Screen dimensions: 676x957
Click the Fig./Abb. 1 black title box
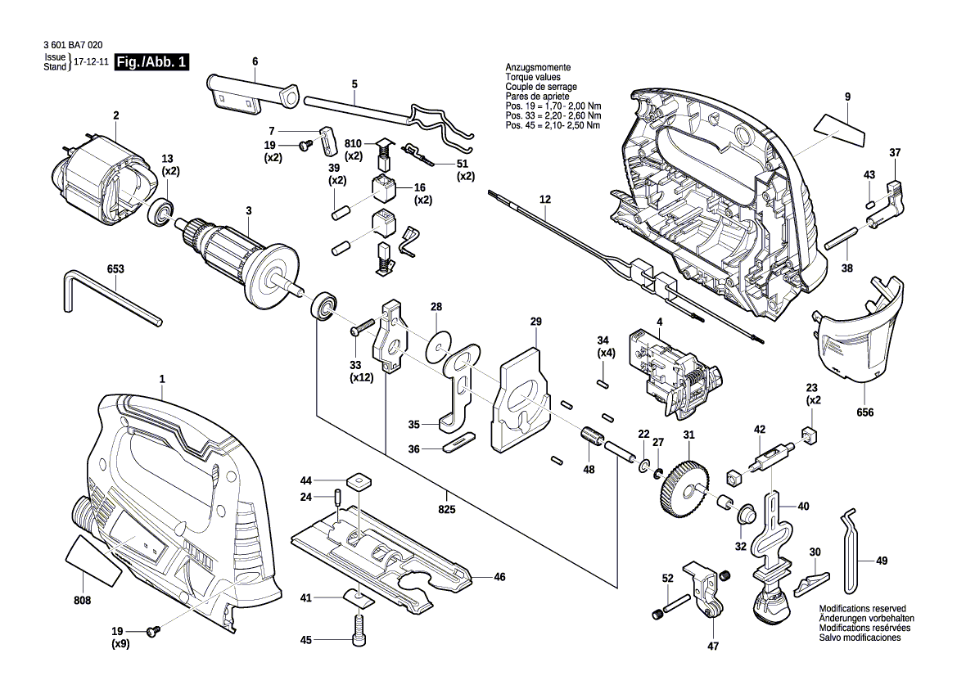152,62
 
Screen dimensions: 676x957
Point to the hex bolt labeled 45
357,638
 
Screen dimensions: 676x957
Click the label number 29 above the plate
535,322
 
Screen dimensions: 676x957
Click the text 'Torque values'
532,77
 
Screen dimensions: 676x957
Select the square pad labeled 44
358,480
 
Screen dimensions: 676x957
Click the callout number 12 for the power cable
544,199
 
